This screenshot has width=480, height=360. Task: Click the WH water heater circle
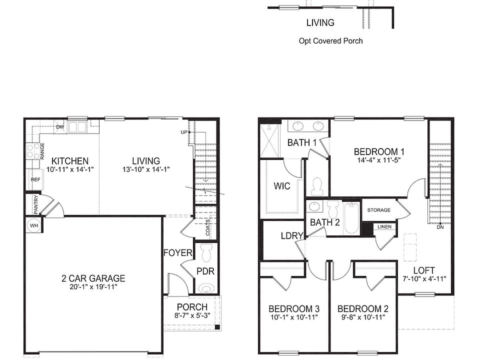coord(34,225)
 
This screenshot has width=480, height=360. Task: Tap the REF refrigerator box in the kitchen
coord(35,179)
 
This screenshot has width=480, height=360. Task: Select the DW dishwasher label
coord(60,127)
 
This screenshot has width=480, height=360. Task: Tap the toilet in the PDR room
coord(205,288)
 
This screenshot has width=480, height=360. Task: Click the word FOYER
coord(177,253)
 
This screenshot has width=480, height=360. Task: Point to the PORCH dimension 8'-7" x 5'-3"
coord(192,315)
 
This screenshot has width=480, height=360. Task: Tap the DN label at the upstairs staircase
coord(440,227)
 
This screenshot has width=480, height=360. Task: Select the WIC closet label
coord(282,186)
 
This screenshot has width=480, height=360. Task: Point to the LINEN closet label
coord(384,227)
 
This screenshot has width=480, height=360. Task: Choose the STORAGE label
coord(378,210)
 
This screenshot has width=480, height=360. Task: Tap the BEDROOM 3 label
coord(293,308)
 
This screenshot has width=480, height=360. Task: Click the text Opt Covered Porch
coord(330,41)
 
